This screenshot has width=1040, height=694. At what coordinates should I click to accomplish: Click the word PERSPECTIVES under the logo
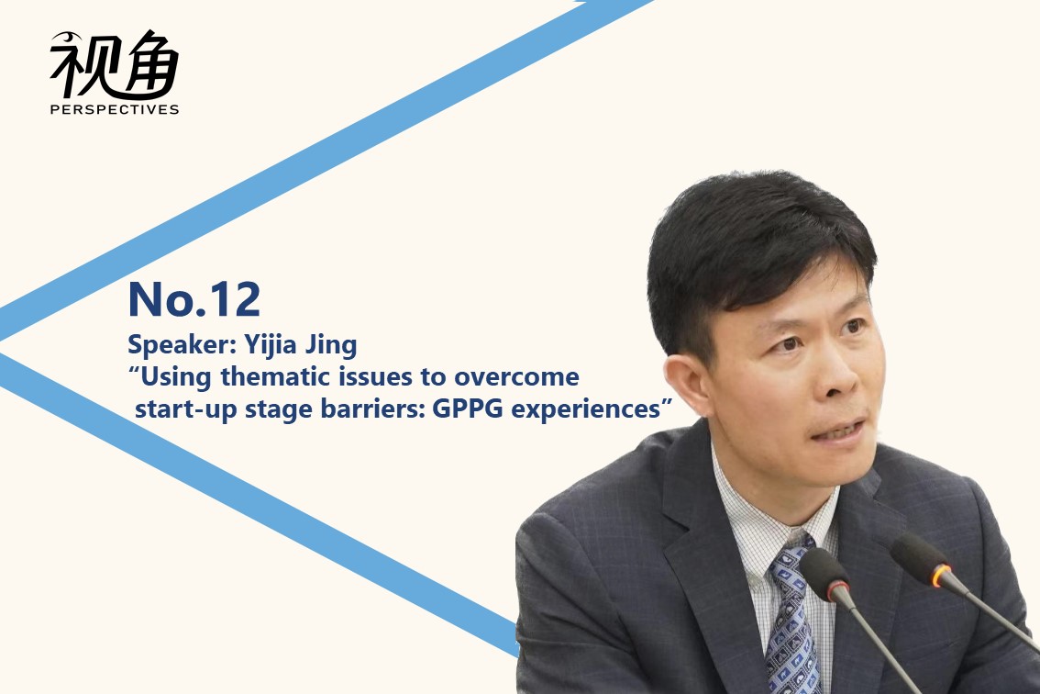coord(115,109)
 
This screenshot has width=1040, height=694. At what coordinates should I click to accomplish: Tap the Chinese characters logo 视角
coord(115,64)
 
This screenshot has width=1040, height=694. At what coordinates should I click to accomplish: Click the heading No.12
coord(194,299)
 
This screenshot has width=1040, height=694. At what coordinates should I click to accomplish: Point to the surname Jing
coord(331,345)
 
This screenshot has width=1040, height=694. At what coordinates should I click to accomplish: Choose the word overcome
coord(516,377)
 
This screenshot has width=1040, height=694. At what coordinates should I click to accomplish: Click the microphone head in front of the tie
coord(824,575)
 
